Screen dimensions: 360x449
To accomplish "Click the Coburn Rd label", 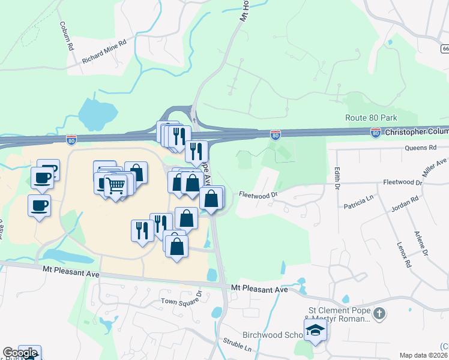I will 66,35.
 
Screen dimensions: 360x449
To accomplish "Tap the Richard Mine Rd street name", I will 105,52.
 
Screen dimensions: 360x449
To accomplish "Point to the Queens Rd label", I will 420,148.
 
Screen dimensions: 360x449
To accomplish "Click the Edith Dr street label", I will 337,178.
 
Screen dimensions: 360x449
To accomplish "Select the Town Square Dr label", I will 182,301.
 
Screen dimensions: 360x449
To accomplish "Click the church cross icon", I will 379,313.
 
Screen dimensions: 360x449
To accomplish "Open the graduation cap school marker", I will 316,329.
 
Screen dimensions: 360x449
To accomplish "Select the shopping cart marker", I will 115,185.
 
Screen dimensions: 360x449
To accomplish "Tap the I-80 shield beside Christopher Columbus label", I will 376,133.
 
